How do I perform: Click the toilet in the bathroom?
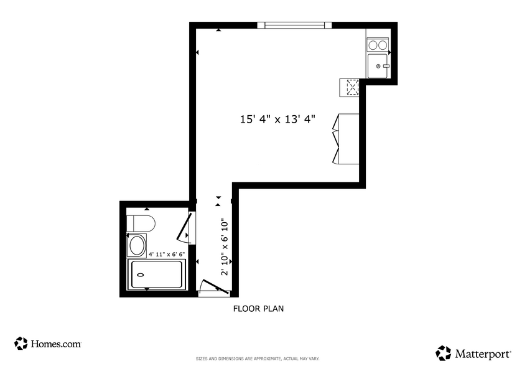pos(140,223)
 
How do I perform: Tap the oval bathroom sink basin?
pos(136,246)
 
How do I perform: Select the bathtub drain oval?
pos(140,274)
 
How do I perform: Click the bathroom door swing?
pos(186,227)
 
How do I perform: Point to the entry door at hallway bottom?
pos(213,288)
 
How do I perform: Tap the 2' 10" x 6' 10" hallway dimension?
pos(225,248)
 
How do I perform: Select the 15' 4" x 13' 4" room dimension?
pos(277,120)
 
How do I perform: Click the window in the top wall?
pos(294,26)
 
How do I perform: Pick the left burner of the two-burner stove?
pos(373,45)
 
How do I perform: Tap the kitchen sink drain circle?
pos(378,66)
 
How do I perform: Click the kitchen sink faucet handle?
pos(386,66)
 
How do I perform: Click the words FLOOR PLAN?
pos(258,308)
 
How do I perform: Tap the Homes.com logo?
pos(48,343)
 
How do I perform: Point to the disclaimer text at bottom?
pos(258,359)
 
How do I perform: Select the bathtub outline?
pos(157,274)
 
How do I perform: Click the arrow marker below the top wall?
pos(218,30)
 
